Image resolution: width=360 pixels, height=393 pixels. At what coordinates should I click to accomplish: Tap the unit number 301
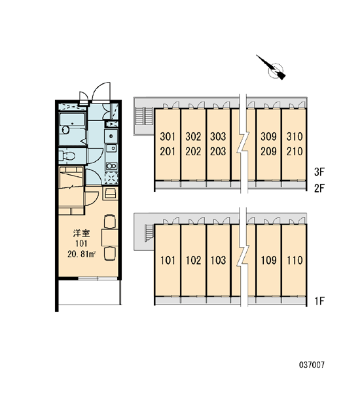168,137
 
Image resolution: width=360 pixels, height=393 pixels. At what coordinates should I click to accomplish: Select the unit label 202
193,151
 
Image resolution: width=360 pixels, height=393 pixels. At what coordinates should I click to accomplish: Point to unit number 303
218,137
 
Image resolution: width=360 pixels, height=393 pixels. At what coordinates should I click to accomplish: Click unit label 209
268,151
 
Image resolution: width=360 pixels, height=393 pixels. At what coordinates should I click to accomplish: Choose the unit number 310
295,137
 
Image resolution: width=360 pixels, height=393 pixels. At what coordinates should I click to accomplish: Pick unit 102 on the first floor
193,261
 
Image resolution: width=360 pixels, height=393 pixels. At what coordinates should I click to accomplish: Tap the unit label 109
268,261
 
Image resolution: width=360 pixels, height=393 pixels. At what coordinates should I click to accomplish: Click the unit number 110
295,261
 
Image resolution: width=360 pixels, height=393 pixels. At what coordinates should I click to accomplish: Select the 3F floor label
319,172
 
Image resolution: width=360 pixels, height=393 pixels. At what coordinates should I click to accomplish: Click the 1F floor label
319,301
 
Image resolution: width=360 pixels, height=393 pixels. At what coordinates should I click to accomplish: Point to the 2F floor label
319,188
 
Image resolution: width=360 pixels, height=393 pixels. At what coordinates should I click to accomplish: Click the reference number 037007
312,365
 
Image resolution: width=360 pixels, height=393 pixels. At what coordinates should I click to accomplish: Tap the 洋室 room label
81,233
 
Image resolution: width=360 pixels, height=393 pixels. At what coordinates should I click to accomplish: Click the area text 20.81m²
81,254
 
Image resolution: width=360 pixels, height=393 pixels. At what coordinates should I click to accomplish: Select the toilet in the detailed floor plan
67,156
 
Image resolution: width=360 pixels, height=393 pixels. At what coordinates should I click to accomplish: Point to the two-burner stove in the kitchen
111,166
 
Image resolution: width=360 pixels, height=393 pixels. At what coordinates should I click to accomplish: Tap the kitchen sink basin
111,148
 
